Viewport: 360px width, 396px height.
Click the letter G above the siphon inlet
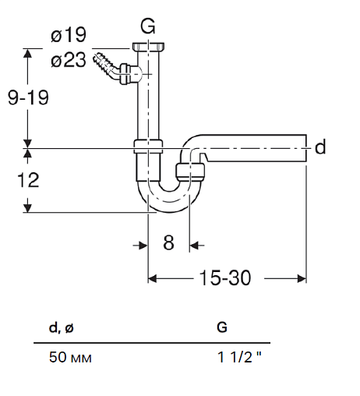(148, 27)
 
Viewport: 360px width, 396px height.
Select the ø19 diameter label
(69, 35)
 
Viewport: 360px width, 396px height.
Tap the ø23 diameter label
(69, 60)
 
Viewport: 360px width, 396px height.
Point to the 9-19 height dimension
(28, 97)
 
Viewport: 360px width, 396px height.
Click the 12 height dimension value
(28, 180)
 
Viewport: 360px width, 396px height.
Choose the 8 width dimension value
(168, 242)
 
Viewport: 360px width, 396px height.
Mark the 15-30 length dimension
(225, 278)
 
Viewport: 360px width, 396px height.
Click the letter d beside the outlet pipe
(320, 147)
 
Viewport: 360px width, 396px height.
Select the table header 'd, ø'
(62, 328)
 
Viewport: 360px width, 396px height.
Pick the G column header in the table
(222, 327)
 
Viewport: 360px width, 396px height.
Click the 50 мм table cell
(70, 357)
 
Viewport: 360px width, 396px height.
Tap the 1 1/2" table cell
(239, 357)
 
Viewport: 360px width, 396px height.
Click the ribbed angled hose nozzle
(106, 65)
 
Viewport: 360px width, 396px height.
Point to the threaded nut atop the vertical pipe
(148, 47)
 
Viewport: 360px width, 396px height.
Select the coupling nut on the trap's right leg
(190, 171)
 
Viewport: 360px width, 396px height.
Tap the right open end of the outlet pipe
(306, 148)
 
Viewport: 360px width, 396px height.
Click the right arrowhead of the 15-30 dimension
(302, 279)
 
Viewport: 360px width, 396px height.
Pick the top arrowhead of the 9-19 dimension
(27, 53)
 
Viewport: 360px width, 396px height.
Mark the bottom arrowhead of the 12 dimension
(27, 208)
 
